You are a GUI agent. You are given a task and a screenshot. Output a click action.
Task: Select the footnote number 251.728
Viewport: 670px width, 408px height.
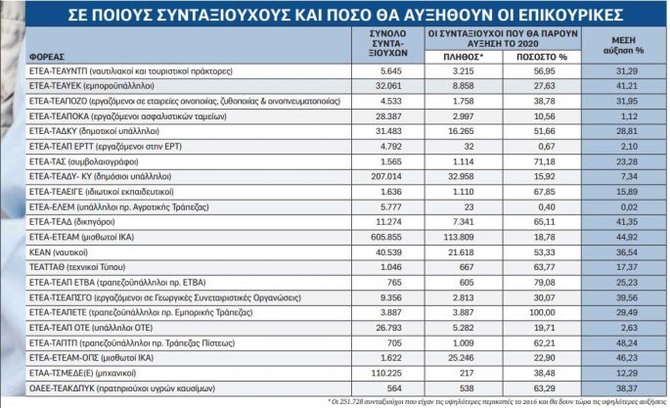pyautogui.click(x=374, y=400)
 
